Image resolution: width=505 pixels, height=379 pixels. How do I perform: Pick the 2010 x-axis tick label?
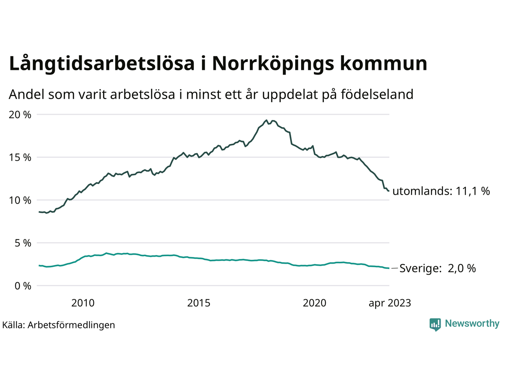(83, 303)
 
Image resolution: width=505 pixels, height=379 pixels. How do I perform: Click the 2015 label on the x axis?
(199, 303)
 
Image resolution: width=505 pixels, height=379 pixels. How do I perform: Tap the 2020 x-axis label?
(314, 303)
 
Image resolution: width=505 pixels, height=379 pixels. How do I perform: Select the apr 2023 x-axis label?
(390, 303)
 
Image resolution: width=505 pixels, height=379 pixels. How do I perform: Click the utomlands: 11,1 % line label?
(441, 191)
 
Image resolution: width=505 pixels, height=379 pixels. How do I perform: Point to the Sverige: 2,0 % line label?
(438, 268)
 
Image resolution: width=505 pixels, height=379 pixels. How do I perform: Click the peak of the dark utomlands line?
(267, 120)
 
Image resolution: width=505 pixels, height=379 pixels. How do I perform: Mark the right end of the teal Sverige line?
(389, 268)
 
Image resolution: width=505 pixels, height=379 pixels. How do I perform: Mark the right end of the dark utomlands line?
(389, 191)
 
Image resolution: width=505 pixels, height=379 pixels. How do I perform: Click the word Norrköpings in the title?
(272, 64)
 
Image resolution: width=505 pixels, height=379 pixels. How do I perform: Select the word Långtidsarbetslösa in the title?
(102, 64)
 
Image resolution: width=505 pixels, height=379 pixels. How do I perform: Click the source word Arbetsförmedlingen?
(71, 325)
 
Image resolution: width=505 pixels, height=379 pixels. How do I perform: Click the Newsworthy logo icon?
(435, 324)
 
